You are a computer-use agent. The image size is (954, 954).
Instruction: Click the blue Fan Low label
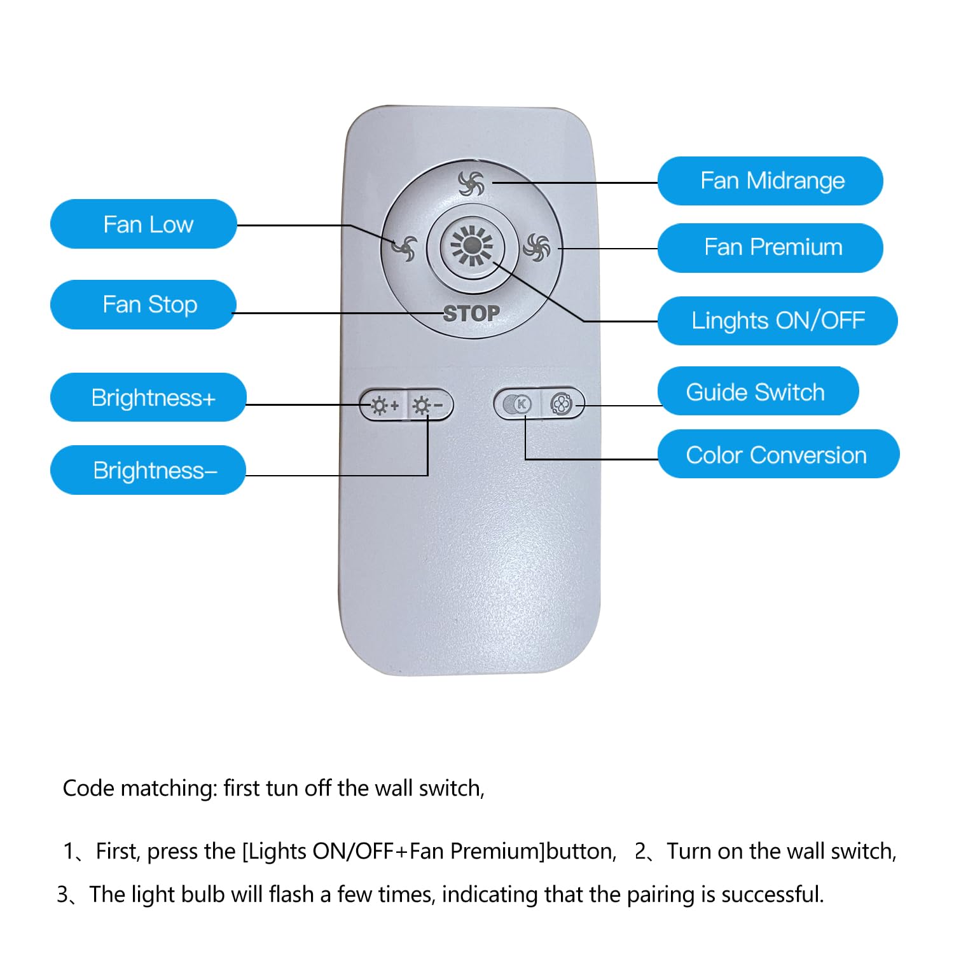click(144, 224)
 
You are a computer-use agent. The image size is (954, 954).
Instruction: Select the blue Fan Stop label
click(144, 305)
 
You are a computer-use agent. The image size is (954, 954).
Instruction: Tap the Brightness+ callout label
click(148, 397)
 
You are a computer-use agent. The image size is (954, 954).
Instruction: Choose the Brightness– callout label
click(148, 471)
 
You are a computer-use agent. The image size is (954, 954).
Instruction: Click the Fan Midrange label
click(770, 181)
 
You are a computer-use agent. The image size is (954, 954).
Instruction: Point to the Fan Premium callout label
click(770, 247)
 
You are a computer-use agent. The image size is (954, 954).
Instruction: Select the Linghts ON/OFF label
click(777, 321)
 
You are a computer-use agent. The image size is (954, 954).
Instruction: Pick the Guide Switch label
click(757, 391)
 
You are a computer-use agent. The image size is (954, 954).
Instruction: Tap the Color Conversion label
click(778, 454)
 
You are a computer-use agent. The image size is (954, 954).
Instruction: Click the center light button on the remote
click(471, 246)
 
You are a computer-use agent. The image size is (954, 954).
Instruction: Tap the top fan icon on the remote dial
click(471, 184)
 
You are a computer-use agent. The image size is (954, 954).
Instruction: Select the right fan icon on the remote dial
click(536, 247)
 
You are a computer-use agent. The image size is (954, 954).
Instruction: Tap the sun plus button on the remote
click(384, 405)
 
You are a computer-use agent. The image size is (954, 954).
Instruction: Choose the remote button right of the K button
click(561, 404)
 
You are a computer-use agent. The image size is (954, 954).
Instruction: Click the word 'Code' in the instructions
click(88, 789)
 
